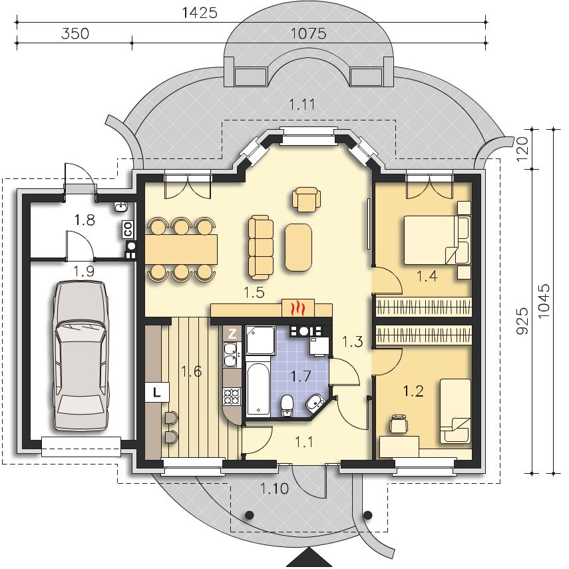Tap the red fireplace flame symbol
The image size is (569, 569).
298,308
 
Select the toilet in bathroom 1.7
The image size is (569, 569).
287,405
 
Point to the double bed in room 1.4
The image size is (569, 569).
437,240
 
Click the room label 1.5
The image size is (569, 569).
254,292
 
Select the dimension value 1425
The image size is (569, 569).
199,13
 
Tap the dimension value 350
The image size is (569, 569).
75,34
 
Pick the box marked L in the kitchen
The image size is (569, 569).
157,392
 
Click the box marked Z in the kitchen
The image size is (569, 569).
232,333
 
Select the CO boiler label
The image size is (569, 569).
128,230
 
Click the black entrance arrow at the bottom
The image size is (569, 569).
308,561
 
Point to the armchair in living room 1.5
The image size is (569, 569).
307,199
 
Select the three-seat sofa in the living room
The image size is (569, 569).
261,248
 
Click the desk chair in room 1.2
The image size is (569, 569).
399,424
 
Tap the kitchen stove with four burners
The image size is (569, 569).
232,396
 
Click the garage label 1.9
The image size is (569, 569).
85,271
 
